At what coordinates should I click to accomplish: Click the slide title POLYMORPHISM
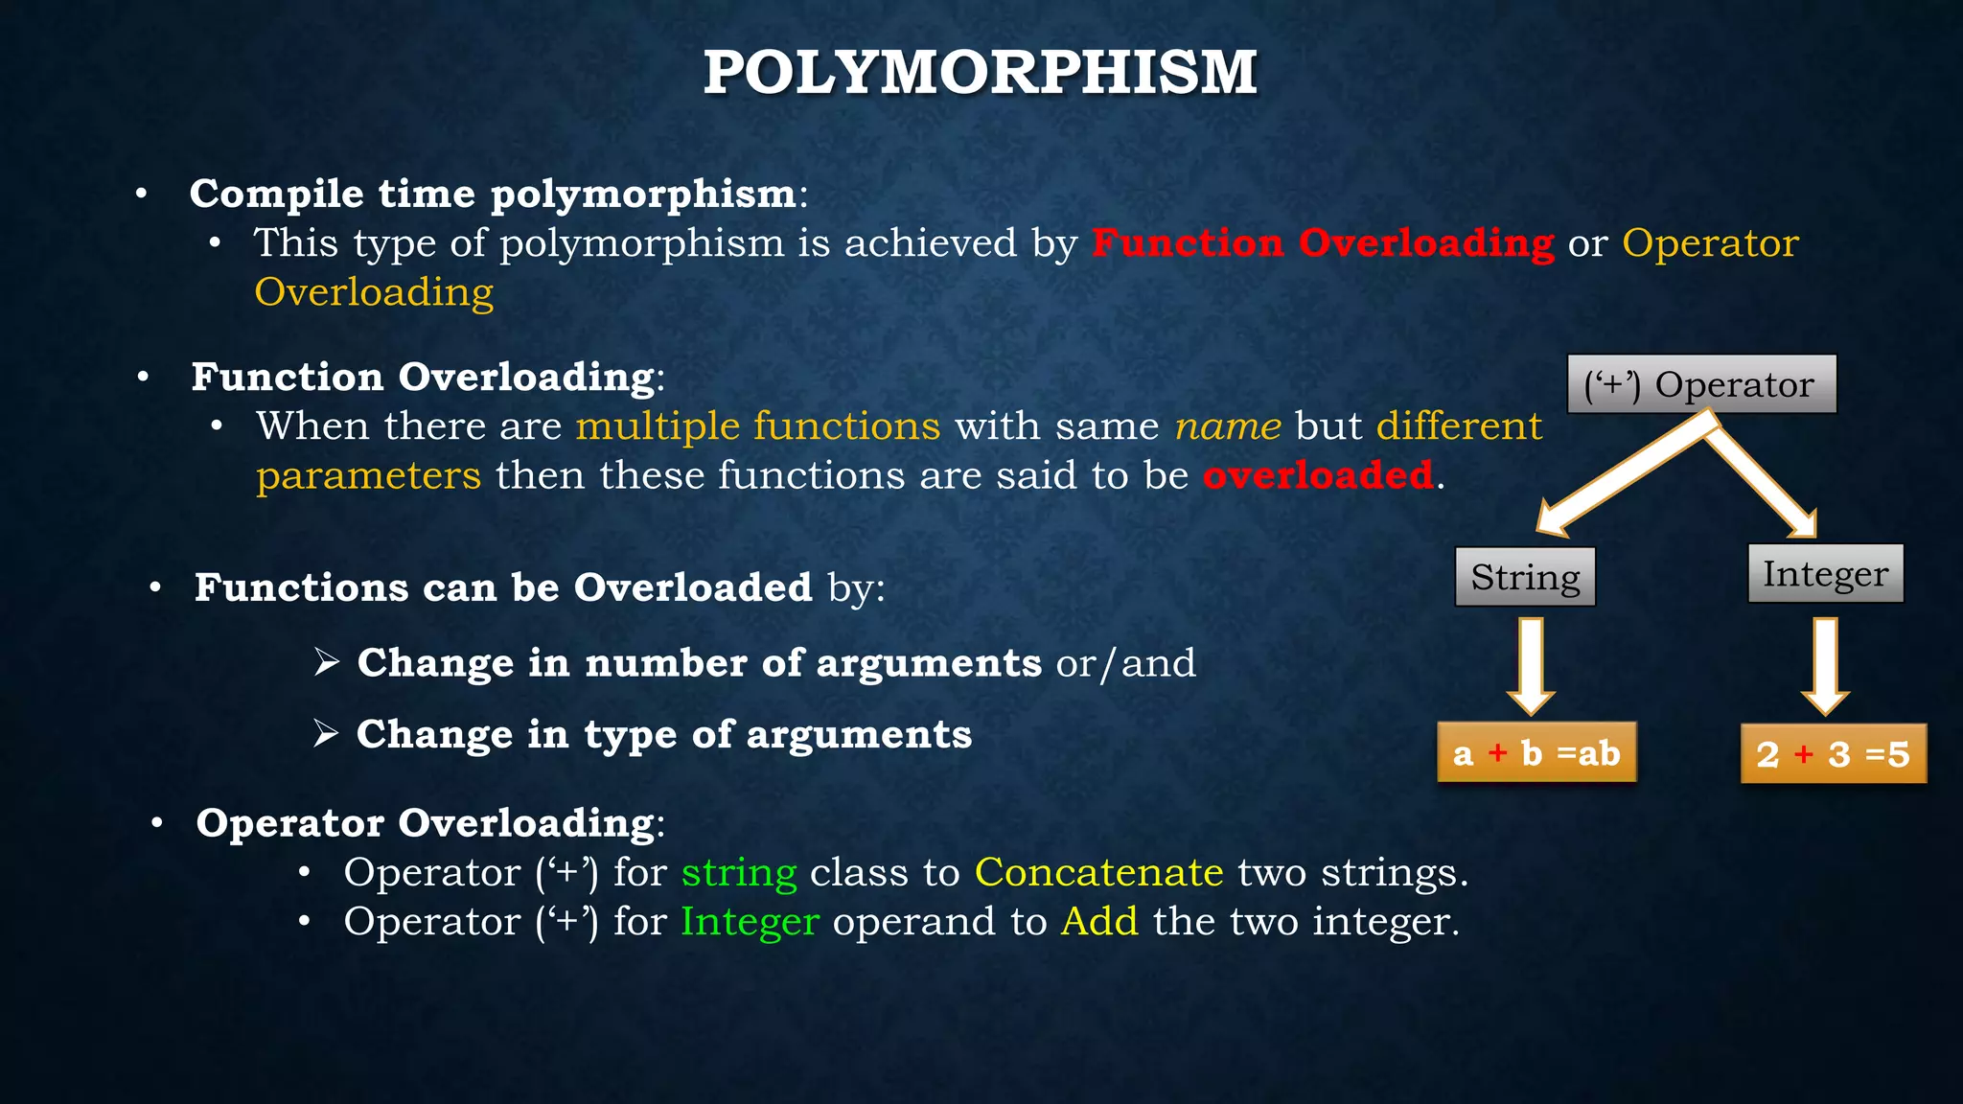point(980,73)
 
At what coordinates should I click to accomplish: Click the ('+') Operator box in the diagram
point(1701,384)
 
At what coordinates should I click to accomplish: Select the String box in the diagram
point(1525,577)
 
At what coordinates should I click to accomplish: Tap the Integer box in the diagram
point(1825,573)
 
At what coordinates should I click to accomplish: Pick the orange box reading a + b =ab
point(1536,753)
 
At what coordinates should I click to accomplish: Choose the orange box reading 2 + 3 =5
point(1833,754)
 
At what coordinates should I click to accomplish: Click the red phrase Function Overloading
point(1323,242)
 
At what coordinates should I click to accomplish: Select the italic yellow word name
point(1228,425)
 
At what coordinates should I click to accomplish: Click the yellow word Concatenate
point(1098,872)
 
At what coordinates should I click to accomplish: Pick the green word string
point(739,872)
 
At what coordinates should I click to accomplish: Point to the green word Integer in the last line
point(750,921)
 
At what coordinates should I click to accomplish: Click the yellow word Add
point(1099,921)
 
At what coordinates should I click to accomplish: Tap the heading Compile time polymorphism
point(493,194)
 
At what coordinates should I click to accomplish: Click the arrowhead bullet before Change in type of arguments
point(326,733)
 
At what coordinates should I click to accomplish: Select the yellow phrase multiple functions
point(758,425)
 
